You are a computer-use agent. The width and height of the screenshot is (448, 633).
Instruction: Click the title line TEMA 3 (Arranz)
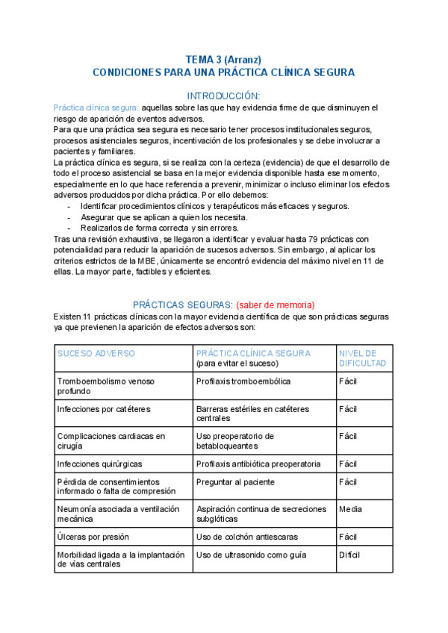coord(223,59)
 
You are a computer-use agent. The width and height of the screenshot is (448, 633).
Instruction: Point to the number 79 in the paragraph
coord(321,238)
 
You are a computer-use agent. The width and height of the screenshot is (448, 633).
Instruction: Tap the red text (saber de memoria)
coord(276,305)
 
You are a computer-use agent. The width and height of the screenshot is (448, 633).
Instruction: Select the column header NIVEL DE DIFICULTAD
coord(363,358)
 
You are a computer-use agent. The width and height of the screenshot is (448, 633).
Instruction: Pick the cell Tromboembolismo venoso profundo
coord(105,386)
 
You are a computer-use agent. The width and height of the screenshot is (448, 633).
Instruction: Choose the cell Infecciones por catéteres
coord(104,409)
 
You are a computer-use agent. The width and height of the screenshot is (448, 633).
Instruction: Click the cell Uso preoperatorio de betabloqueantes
coord(235,441)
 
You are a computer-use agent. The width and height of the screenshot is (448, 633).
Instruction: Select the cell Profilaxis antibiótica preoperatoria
coord(258,464)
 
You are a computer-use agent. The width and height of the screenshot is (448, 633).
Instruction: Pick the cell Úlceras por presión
coord(93,537)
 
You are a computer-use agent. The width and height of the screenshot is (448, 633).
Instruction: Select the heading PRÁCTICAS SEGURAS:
coord(183,305)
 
